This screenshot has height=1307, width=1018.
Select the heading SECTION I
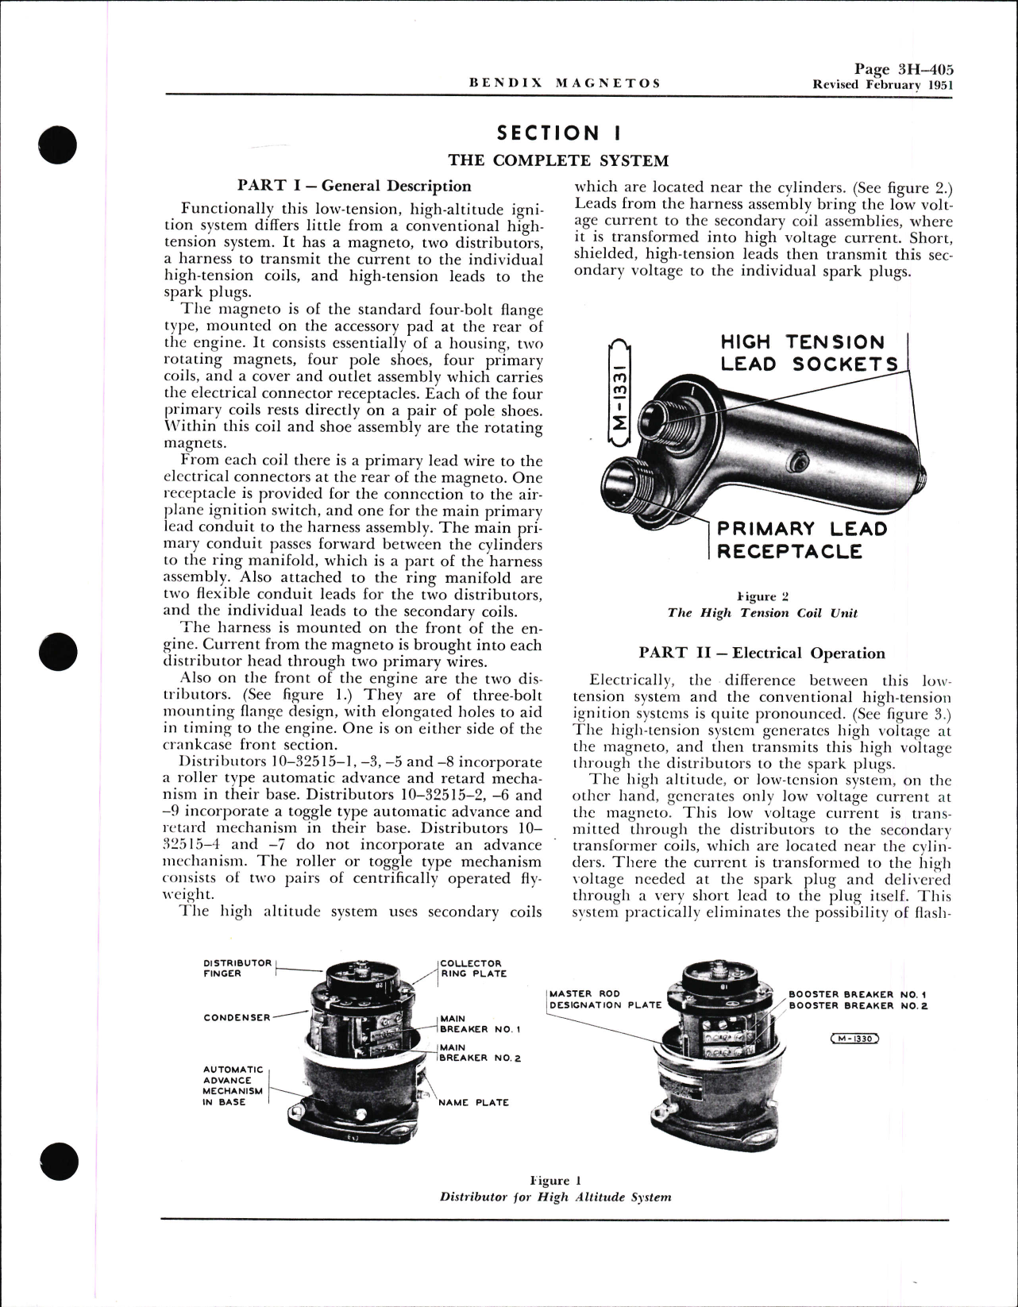[x=559, y=133]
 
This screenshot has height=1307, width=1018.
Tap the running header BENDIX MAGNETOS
[x=565, y=83]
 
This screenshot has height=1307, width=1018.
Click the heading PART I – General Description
[x=353, y=186]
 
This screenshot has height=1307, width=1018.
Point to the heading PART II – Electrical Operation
[x=762, y=653]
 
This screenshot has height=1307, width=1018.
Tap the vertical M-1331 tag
[x=621, y=390]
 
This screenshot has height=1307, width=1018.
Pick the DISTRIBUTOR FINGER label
[x=237, y=968]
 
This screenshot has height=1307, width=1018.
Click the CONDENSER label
[x=237, y=1017]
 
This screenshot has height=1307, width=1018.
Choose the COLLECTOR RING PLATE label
[x=473, y=968]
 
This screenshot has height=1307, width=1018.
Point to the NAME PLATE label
[x=473, y=1102]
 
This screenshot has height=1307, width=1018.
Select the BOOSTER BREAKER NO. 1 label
[x=858, y=994]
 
